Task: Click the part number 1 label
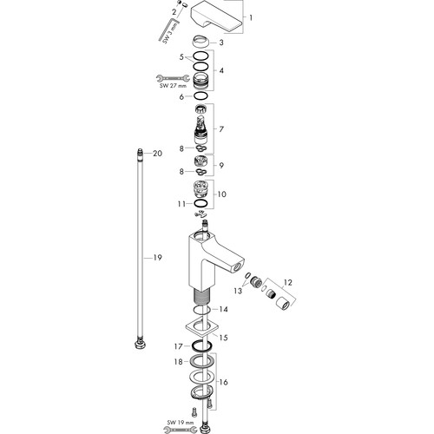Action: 251,17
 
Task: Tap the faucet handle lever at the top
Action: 216,17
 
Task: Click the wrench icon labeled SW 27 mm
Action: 173,78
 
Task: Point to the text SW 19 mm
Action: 181,423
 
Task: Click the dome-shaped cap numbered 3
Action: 201,42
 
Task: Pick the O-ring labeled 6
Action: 201,96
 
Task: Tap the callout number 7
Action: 221,129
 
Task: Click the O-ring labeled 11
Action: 201,204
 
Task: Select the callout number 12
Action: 287,282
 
